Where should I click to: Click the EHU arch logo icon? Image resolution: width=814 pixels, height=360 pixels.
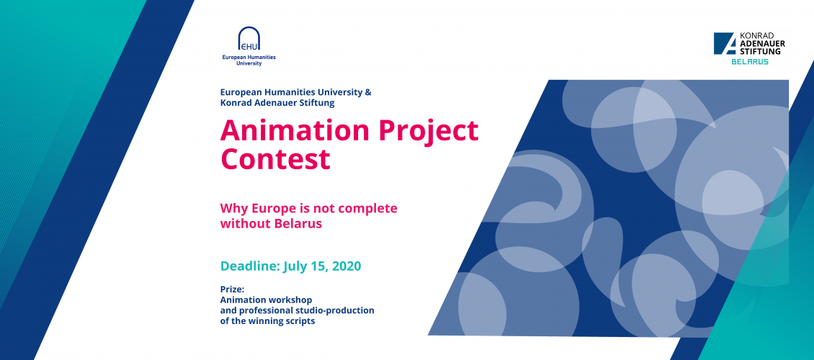tap(249, 39)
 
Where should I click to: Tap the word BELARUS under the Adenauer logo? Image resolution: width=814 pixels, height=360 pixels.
tap(750, 62)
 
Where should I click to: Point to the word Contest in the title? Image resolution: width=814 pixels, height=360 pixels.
tap(276, 159)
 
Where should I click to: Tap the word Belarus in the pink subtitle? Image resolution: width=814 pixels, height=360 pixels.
tap(298, 224)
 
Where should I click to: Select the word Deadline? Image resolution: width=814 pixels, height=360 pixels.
tap(250, 266)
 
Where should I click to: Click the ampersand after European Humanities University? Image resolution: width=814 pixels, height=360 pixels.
tap(368, 92)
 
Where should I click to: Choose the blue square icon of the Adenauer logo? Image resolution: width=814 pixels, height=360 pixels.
tap(725, 44)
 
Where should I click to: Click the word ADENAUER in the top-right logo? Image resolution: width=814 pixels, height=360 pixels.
tap(762, 44)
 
